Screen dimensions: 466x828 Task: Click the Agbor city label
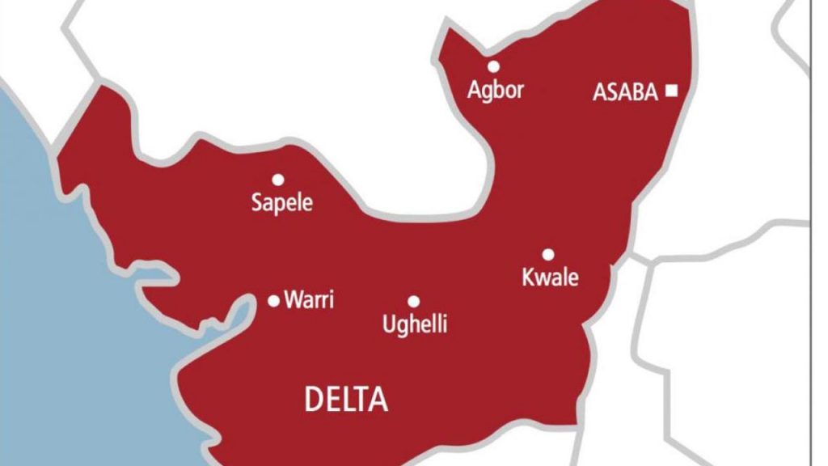pos(496,90)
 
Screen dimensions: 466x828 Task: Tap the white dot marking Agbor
pos(493,66)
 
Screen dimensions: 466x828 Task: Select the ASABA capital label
pos(626,92)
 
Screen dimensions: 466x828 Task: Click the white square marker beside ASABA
pos(671,91)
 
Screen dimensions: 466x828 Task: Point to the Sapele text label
pos(281,202)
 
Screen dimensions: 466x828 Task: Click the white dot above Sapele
pos(278,180)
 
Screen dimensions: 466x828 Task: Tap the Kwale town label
pos(551,277)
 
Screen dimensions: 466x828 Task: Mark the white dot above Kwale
pos(547,254)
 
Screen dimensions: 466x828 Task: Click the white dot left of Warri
pos(273,301)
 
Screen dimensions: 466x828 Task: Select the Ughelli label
pos(414,325)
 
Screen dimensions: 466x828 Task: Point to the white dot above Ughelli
pos(413,301)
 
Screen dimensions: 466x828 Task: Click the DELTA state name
pos(346,400)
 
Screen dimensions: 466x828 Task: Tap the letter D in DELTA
pos(313,400)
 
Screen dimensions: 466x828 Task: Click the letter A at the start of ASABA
pos(600,92)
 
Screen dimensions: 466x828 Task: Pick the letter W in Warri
pos(293,300)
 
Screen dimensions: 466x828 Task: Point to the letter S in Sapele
pos(257,202)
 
